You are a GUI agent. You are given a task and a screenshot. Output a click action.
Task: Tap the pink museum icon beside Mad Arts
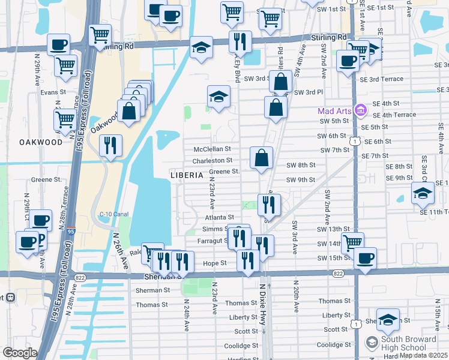click(360, 111)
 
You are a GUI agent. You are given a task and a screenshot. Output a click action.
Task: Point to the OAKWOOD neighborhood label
click(41, 142)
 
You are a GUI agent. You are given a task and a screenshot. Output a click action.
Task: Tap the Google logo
click(20, 353)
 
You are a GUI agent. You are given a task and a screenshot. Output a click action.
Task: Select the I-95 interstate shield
click(71, 230)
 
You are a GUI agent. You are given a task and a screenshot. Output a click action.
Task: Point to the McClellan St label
click(212, 149)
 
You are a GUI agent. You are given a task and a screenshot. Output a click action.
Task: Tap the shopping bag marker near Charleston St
click(262, 159)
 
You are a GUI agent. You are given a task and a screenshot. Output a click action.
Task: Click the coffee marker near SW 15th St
click(365, 259)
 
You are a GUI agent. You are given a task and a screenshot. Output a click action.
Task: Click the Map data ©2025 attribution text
click(424, 355)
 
